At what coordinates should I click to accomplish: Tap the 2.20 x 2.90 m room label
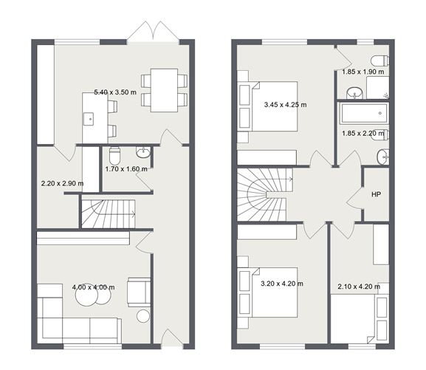(61, 183)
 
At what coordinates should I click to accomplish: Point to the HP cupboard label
(376, 195)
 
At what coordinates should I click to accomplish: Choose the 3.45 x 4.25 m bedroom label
(285, 105)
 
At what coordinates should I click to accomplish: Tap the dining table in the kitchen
(163, 89)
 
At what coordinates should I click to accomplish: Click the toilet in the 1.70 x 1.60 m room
(114, 157)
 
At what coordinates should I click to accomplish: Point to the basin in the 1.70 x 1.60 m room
(142, 153)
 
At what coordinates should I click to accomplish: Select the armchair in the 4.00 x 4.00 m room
(139, 291)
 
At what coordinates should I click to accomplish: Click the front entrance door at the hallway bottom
(171, 340)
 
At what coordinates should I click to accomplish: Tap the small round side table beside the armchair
(143, 316)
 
